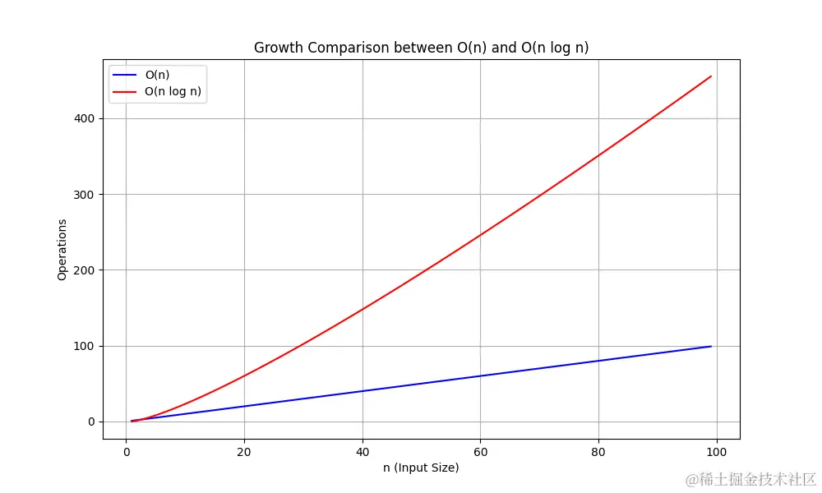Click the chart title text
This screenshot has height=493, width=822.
421,48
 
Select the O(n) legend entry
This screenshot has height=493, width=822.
157,75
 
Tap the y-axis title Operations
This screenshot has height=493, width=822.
62,250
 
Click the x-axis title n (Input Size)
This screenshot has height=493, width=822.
421,468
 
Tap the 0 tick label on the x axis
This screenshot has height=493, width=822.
126,450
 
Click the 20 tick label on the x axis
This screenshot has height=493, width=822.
244,450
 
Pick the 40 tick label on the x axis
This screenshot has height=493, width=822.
363,450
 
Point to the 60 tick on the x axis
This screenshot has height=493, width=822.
481,450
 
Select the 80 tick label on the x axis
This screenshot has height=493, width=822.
598,450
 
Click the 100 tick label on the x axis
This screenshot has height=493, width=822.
717,450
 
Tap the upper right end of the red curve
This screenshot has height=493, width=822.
711,76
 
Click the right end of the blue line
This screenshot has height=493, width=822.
711,346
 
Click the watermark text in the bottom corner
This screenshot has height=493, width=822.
750,479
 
